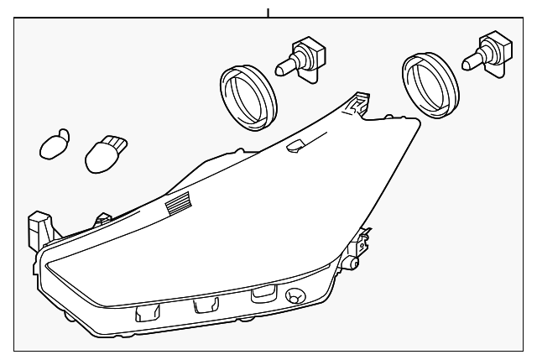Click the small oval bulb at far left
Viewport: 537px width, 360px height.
coord(54,144)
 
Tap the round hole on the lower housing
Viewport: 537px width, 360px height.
coord(295,296)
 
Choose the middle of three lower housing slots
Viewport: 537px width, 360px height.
coord(204,305)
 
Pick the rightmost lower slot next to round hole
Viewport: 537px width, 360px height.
coord(262,293)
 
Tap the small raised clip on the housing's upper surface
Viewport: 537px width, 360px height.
coord(295,148)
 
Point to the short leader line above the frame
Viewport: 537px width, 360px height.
coord(268,12)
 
